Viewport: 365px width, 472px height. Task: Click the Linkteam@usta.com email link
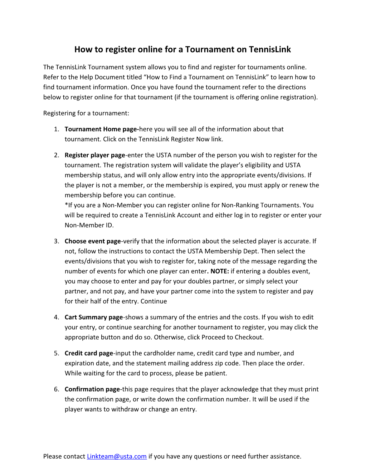(x=117, y=456)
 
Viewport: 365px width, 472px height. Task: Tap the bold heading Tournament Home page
(x=101, y=129)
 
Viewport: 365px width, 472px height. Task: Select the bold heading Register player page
(x=95, y=155)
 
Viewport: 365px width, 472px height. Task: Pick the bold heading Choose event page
(x=93, y=241)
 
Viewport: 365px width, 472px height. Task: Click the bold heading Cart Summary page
(x=94, y=318)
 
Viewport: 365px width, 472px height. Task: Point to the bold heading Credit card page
(x=89, y=353)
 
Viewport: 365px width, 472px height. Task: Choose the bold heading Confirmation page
(x=92, y=389)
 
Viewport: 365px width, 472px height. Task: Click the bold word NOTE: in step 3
(x=220, y=271)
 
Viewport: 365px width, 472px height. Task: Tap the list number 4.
(x=57, y=318)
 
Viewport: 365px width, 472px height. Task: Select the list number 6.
(x=57, y=389)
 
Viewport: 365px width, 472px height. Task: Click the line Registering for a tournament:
(x=86, y=113)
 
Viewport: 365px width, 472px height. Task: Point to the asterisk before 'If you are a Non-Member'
(x=66, y=205)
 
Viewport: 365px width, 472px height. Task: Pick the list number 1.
(x=57, y=129)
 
